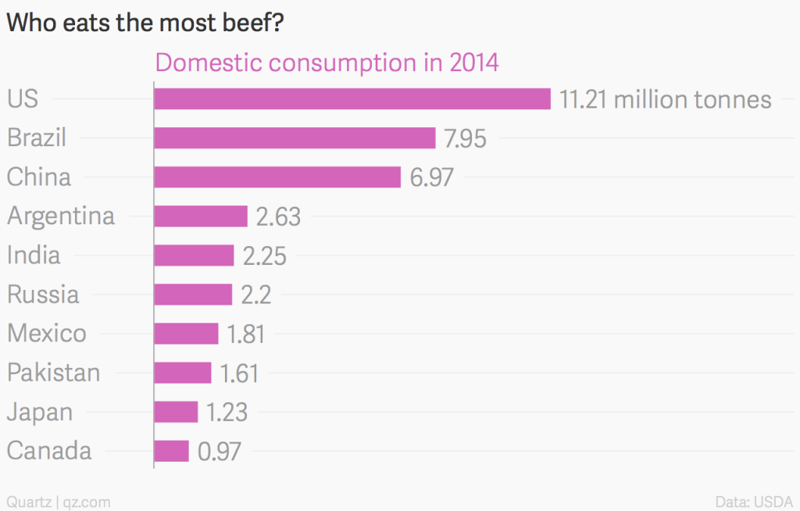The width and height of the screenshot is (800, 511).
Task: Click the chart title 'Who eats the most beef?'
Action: (x=145, y=23)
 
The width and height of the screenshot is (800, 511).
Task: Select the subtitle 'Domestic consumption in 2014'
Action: (x=327, y=63)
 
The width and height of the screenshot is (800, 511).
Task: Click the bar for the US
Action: (x=352, y=99)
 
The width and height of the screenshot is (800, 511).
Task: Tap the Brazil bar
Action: (x=295, y=138)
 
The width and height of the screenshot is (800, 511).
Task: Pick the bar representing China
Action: (x=277, y=177)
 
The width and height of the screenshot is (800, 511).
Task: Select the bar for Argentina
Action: (x=201, y=216)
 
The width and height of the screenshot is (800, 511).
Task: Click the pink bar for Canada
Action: (x=172, y=451)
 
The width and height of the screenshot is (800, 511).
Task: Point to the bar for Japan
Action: (x=177, y=412)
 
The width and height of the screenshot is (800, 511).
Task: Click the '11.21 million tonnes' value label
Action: (x=666, y=100)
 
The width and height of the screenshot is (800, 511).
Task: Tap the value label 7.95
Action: (x=465, y=139)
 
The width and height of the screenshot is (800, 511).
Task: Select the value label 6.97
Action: (x=431, y=178)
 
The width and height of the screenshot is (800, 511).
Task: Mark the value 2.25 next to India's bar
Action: (x=265, y=256)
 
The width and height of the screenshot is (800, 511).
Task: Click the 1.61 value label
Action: (x=239, y=373)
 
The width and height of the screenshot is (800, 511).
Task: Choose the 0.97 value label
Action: (x=220, y=452)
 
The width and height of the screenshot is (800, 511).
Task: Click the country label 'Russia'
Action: (x=43, y=295)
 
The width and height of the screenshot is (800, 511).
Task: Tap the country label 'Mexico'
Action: (x=47, y=334)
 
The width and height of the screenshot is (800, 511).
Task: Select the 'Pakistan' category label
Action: (x=54, y=373)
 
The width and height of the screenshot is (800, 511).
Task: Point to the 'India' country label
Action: (x=34, y=256)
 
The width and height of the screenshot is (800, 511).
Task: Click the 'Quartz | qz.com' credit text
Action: (x=59, y=501)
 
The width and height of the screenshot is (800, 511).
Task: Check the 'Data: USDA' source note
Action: (x=754, y=501)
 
